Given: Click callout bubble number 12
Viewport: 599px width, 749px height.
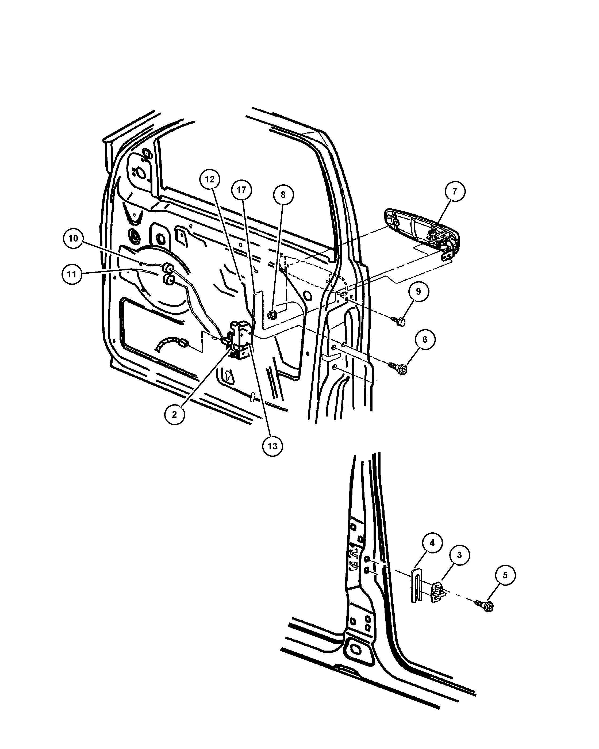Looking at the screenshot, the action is (x=210, y=179).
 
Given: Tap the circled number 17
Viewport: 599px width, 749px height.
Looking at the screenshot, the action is (x=241, y=190).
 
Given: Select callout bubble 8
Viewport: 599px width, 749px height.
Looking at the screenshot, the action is (x=283, y=195).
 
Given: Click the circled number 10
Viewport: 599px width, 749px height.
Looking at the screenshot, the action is (x=73, y=238).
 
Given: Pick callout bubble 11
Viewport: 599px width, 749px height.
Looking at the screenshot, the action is (x=72, y=274).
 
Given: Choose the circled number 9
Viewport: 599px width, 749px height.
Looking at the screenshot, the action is (x=418, y=292).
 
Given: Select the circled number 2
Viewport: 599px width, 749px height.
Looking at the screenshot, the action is (x=174, y=414).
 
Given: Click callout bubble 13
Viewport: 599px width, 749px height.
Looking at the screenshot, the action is (x=272, y=446).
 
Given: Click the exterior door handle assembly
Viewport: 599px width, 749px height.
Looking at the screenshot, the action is (x=422, y=233).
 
